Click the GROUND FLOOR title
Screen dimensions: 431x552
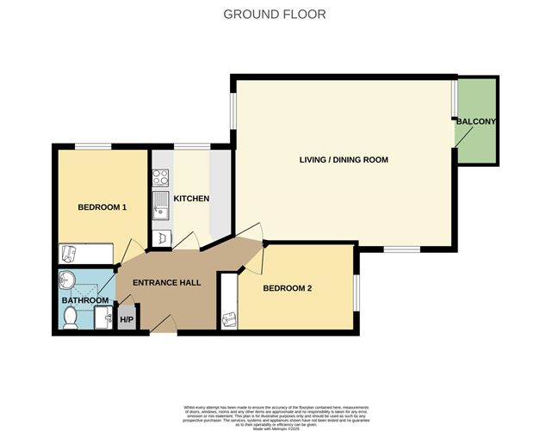(x=275, y=14)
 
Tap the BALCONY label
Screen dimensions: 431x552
(x=475, y=122)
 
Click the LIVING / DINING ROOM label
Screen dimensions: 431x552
(x=344, y=160)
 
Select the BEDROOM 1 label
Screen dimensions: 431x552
(x=102, y=207)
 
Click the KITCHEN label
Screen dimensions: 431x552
(x=191, y=199)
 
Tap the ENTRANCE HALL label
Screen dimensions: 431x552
(x=166, y=283)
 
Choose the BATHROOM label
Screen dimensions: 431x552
(x=84, y=300)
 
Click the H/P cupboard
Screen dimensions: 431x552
(x=127, y=320)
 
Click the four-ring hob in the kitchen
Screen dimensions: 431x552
(x=160, y=178)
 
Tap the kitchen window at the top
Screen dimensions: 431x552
(x=191, y=145)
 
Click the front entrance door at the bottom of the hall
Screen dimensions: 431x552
(x=162, y=328)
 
